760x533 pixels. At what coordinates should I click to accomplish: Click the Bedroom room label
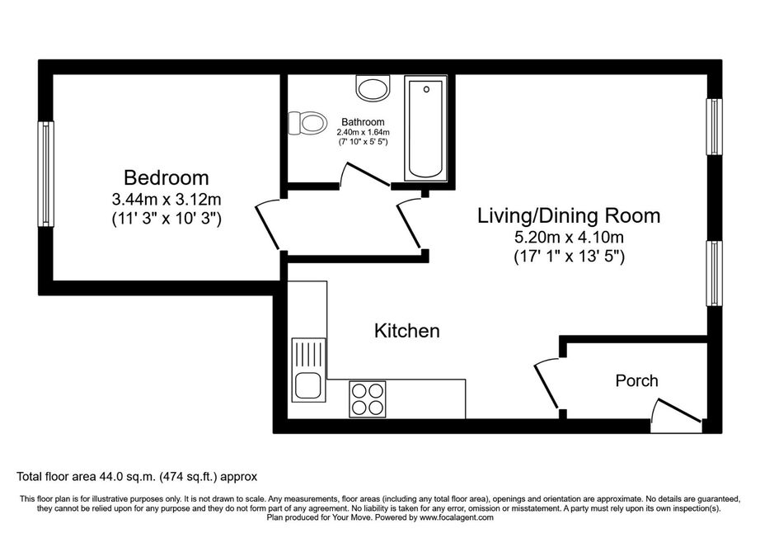(167, 177)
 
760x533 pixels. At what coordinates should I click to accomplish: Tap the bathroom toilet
(307, 123)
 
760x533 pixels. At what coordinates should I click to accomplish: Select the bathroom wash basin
(373, 87)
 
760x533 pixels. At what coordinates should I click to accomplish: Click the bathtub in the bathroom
(425, 128)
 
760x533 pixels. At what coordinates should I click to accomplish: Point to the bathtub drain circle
(426, 89)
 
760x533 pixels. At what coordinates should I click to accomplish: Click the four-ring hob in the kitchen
(368, 399)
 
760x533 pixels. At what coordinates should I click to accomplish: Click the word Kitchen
(407, 331)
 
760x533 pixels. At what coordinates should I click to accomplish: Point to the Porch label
(637, 380)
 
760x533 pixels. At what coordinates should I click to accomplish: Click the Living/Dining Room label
(569, 216)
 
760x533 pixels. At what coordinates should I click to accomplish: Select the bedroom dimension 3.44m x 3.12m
(167, 199)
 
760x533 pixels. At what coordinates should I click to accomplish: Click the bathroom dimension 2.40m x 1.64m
(363, 132)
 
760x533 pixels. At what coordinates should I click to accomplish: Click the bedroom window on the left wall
(46, 173)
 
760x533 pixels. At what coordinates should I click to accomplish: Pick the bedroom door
(267, 225)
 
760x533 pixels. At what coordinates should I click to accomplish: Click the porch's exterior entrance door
(677, 416)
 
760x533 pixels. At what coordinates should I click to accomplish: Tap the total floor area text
(137, 477)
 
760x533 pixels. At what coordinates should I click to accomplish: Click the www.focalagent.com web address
(457, 517)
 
